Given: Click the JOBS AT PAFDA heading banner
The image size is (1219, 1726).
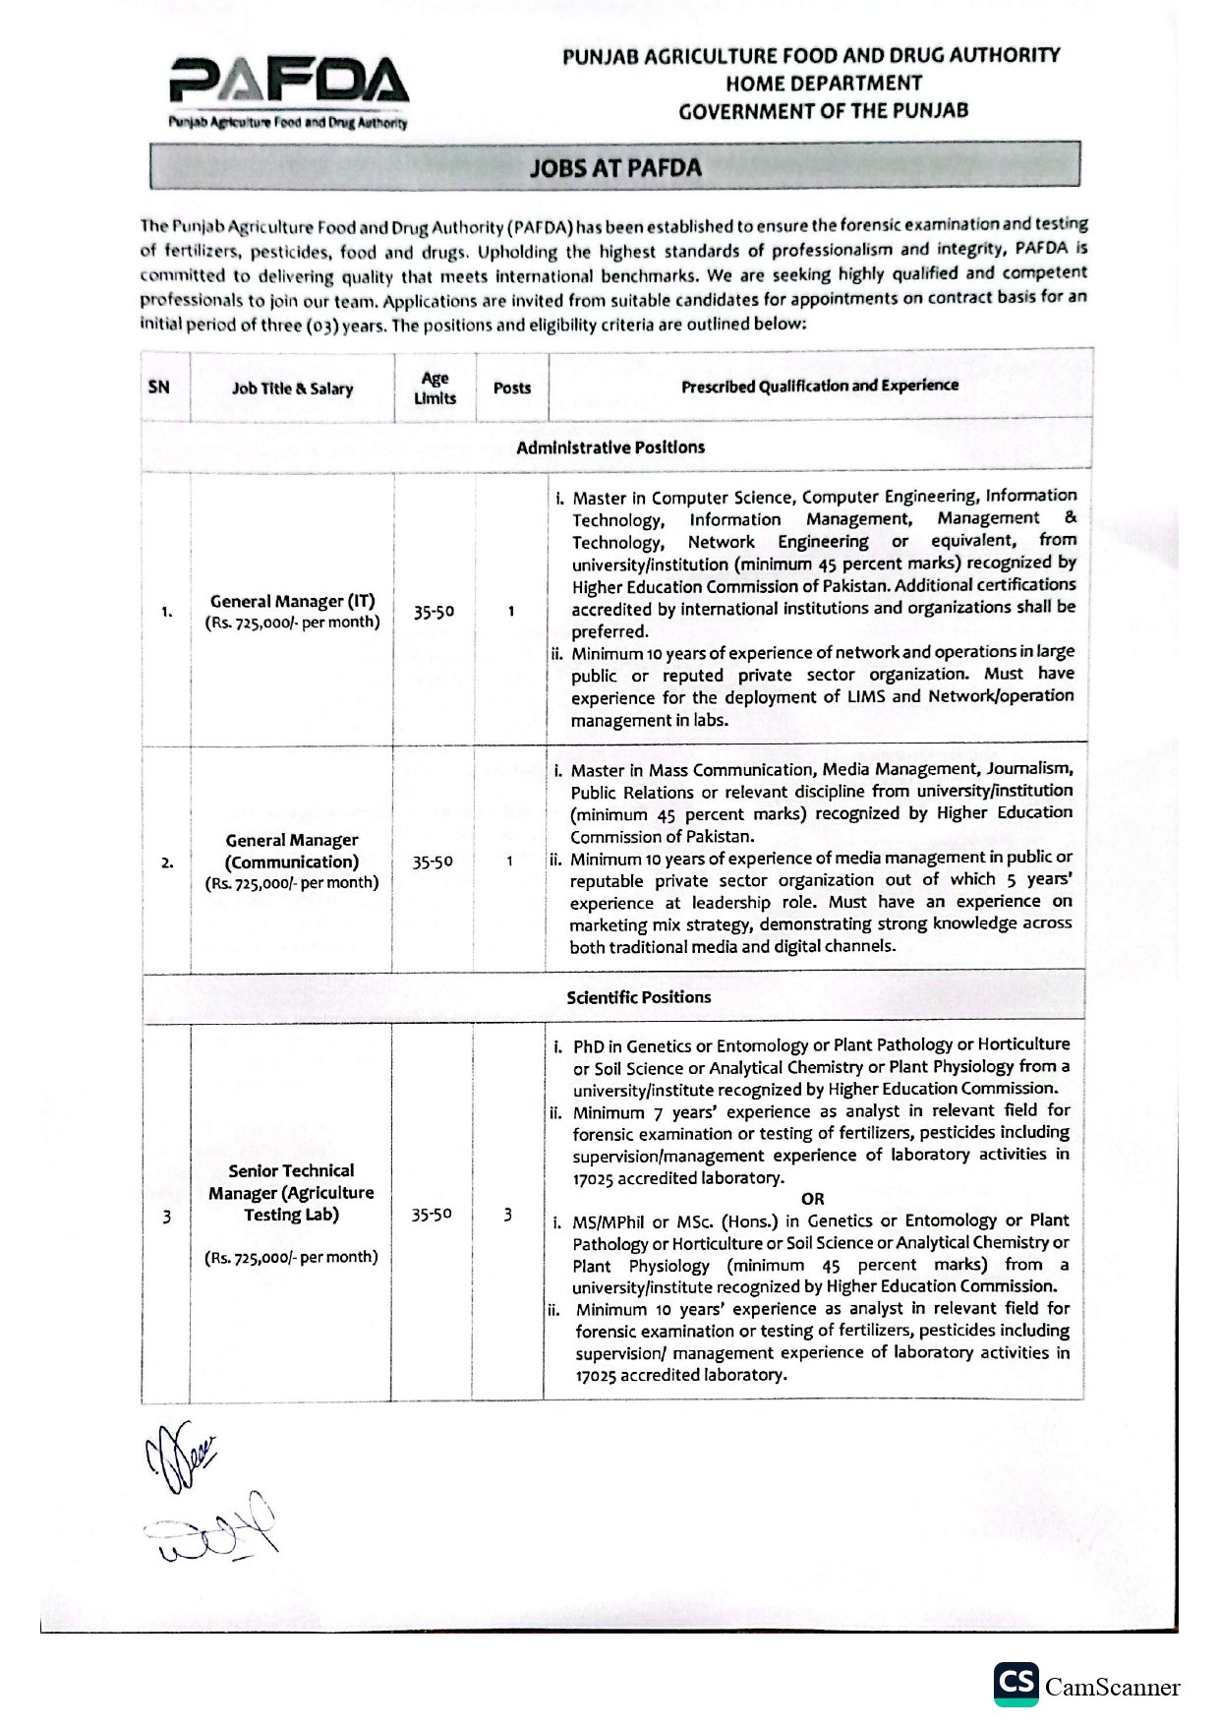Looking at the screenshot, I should click(x=615, y=166).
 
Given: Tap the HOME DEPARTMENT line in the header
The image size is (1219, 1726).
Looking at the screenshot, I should click(x=824, y=84).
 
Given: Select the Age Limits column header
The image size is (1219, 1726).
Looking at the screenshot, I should click(x=435, y=387).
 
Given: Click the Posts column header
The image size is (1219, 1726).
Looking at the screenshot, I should click(x=511, y=387).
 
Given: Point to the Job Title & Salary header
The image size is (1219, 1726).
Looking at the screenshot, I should click(x=292, y=388).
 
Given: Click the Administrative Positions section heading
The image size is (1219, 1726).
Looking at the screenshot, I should click(x=610, y=447).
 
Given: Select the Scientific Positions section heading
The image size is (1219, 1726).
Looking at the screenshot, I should click(x=638, y=996).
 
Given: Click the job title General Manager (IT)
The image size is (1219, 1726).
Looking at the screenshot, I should click(x=292, y=601).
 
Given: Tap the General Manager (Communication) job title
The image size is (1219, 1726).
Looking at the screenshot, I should click(x=292, y=851).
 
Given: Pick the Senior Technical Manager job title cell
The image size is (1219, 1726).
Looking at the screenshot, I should click(x=291, y=1192).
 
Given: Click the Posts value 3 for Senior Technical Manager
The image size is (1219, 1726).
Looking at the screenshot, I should click(x=507, y=1215).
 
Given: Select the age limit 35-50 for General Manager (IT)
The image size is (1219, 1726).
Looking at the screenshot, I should click(x=434, y=612).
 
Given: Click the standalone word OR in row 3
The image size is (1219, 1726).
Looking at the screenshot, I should click(x=812, y=1199).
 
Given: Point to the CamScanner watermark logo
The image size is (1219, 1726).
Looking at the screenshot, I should click(x=1085, y=1687).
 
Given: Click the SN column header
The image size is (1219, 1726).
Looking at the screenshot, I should click(x=158, y=387).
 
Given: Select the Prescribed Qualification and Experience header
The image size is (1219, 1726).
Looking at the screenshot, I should click(x=819, y=386).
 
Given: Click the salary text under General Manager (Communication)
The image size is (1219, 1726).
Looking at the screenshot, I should click(x=292, y=883).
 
